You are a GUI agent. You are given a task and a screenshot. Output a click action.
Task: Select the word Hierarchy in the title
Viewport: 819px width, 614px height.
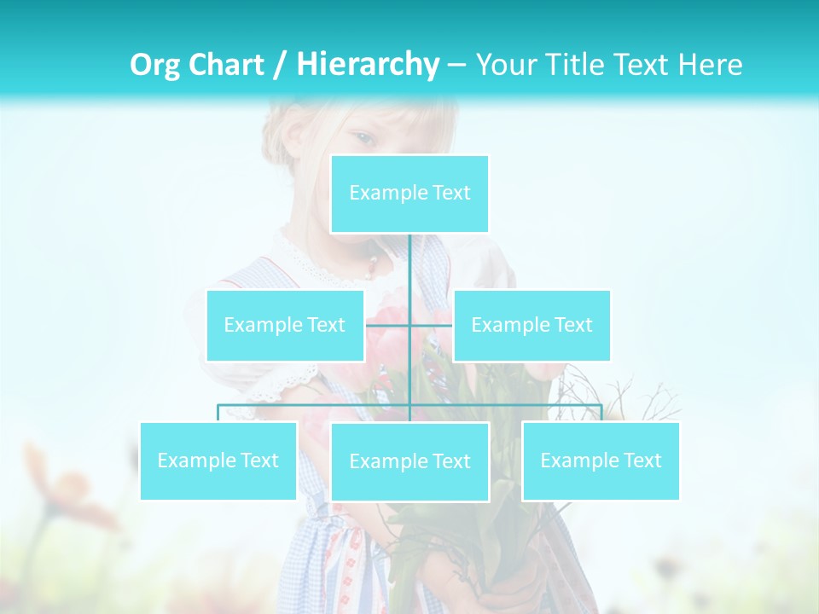pos(368,65)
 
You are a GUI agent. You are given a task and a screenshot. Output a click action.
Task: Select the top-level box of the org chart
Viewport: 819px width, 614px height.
pos(409,194)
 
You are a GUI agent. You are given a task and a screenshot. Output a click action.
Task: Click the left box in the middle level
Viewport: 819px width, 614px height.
pos(285,325)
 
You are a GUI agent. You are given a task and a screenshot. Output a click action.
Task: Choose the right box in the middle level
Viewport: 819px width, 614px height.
pos(531,325)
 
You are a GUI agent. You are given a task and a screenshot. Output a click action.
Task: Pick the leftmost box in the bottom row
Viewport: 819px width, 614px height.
pos(218,460)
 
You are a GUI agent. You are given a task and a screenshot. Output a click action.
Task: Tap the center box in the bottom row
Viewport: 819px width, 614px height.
pos(409,461)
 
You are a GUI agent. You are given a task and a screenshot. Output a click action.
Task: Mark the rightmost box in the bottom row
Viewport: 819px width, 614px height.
pos(601,460)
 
